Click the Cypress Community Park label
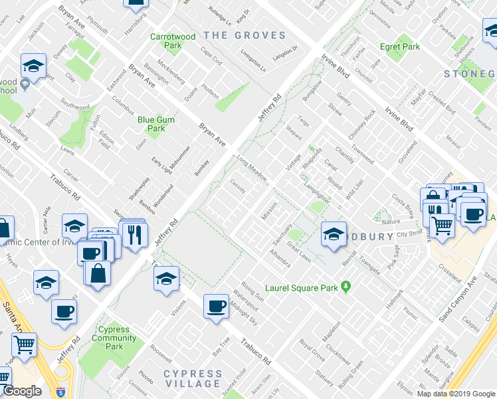point(114,338)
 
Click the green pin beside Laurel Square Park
point(346,287)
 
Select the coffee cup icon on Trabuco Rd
point(216,306)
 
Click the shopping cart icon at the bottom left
point(25,345)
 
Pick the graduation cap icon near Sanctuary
point(334,234)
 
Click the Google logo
point(22,391)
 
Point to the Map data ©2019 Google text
point(456,394)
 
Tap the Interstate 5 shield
point(61,392)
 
